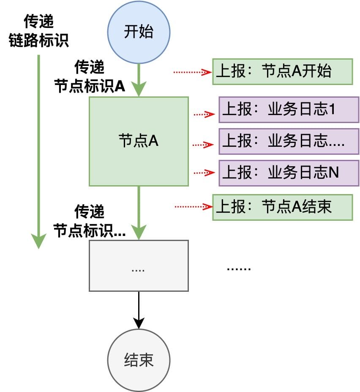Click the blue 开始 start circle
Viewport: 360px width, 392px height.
[139, 33]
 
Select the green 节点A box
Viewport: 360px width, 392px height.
[139, 141]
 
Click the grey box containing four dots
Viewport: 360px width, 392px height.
[139, 266]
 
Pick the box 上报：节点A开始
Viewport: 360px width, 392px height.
[282, 71]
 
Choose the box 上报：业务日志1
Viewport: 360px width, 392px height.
[289, 110]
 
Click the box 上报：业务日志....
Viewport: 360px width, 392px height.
[289, 141]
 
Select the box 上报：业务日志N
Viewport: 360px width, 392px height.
[289, 173]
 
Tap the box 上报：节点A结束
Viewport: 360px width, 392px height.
[282, 207]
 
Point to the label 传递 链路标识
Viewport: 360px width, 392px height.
[39, 31]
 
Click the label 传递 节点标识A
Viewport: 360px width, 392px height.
[90, 77]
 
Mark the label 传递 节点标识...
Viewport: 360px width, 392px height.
[90, 221]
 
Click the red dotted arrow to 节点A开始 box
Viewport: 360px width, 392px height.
[192, 72]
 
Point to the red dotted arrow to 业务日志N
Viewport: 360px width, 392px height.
[204, 173]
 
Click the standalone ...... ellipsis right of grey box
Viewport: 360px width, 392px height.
[239, 269]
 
